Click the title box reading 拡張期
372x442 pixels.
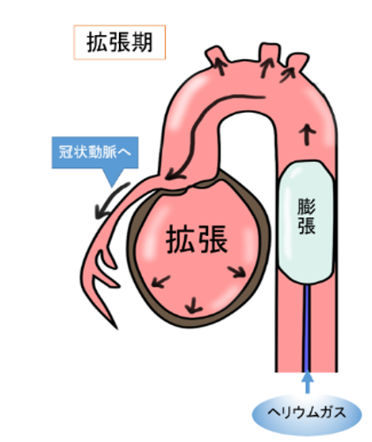pos(120,42)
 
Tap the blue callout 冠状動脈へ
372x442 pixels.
pos(95,153)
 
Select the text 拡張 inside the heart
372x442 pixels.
pos(197,239)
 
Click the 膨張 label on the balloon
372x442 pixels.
pos(306,217)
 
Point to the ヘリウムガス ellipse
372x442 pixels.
pos(307,413)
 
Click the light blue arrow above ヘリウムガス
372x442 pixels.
pos(308,381)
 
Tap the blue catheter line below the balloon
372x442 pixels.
pos(307,328)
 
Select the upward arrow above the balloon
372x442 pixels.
pos(307,135)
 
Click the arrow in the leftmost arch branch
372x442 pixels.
pos(220,66)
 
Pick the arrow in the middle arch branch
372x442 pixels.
pos(266,68)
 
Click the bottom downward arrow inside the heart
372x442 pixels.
pos(193,306)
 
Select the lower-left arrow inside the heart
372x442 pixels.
pos(160,282)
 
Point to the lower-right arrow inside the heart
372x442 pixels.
pos(237,271)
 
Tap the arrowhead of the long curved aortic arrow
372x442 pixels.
pos(174,176)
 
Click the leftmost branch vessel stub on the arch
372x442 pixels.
pos(217,55)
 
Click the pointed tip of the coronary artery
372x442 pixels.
pos(117,328)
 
